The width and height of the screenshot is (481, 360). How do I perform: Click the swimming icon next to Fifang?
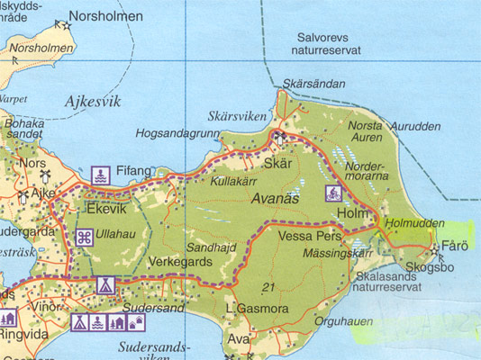coord(100,173)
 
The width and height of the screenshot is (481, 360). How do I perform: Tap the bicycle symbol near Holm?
coord(332,193)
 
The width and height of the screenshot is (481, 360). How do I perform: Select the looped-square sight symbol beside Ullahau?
coord(83,238)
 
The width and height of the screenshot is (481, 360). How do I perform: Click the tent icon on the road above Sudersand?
coord(104,285)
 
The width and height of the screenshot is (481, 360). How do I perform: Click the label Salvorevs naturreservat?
coord(328,44)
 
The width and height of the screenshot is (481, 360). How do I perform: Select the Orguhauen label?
coord(343,319)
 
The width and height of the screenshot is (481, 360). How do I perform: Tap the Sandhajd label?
coord(210,247)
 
